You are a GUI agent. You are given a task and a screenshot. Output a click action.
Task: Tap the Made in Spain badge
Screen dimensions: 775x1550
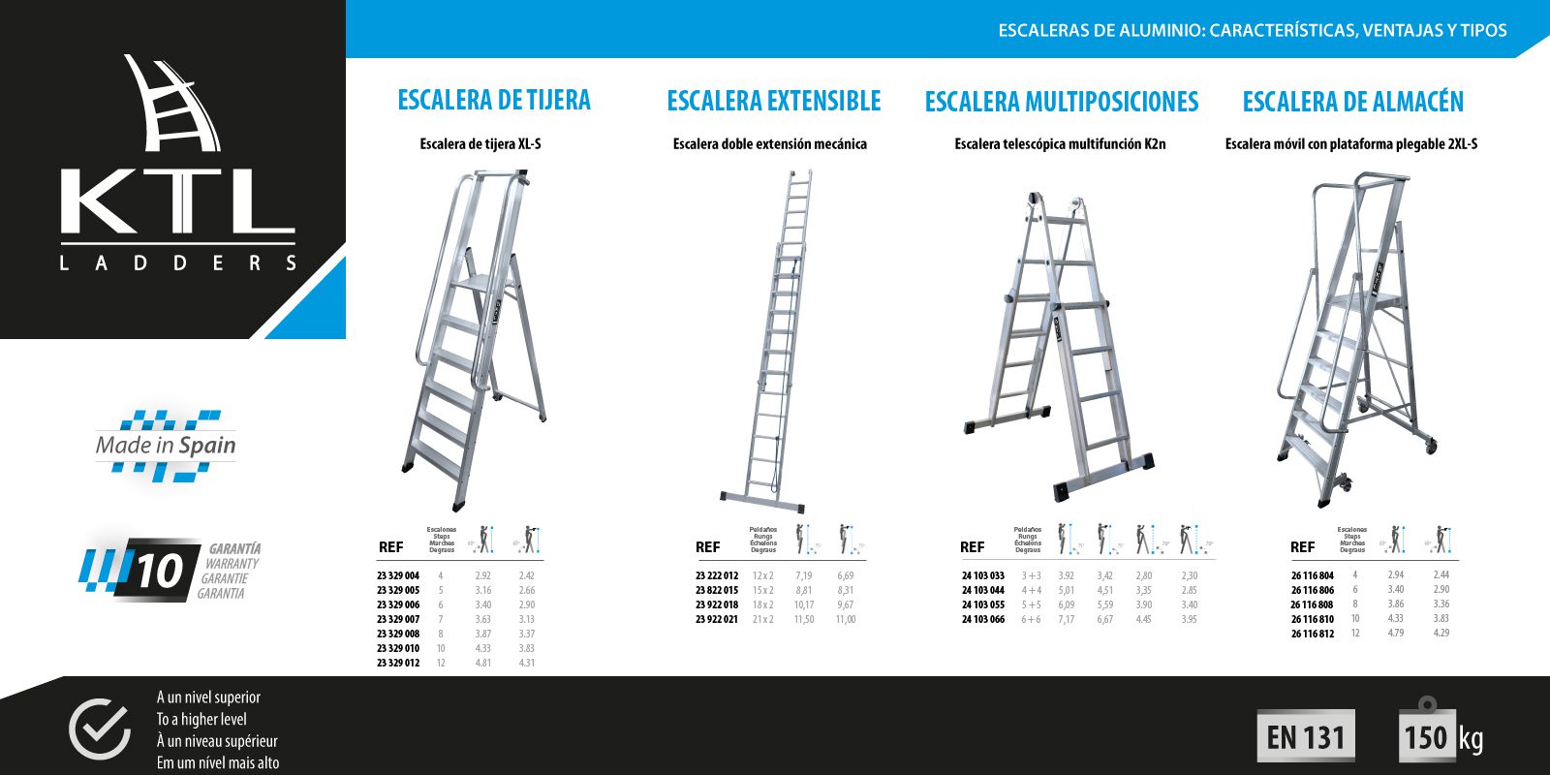click(x=166, y=446)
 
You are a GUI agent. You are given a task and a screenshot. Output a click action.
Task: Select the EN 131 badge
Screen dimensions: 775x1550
click(x=1306, y=737)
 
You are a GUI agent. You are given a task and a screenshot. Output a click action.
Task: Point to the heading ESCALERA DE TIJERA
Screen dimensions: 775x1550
click(x=494, y=100)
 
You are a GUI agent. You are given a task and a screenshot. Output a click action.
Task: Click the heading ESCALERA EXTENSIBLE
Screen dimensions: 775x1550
click(x=774, y=101)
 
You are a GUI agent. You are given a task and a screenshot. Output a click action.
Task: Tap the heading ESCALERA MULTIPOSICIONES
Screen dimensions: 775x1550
click(x=1062, y=102)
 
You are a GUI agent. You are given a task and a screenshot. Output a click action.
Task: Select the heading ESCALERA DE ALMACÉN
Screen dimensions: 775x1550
click(x=1352, y=102)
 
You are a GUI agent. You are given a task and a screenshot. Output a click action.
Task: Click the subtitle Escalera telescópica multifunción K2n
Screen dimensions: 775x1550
click(x=1060, y=144)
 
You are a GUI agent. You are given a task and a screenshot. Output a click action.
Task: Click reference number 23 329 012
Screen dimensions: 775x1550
click(x=398, y=664)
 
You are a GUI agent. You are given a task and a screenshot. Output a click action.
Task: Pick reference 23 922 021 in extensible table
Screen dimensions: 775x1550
click(x=717, y=620)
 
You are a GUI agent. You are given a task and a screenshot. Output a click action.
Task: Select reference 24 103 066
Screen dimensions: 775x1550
click(x=983, y=620)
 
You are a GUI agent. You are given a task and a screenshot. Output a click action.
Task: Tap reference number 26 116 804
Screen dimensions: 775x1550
click(x=1313, y=575)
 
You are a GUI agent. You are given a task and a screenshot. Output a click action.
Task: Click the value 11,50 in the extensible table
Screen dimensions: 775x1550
click(x=804, y=620)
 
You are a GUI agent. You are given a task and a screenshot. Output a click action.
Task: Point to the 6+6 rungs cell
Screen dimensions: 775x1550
click(x=1032, y=620)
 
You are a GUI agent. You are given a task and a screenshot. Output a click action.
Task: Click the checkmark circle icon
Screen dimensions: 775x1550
click(x=99, y=728)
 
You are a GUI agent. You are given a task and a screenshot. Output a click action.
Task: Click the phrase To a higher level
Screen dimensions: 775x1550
click(x=201, y=719)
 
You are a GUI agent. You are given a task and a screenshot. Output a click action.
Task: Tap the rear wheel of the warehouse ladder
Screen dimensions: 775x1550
click(x=1431, y=446)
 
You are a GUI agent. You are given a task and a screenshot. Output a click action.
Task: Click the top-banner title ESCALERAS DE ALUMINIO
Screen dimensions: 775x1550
click(x=1101, y=30)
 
